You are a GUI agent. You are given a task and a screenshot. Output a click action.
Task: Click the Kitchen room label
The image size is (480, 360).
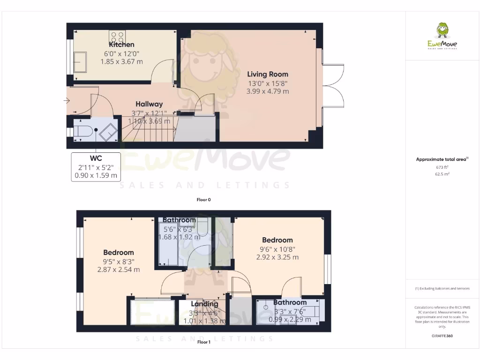[121, 45]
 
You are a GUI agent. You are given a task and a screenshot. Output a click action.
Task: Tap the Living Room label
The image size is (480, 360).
[268, 74]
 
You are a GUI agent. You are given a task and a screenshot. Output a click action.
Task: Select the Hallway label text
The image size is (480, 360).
[149, 104]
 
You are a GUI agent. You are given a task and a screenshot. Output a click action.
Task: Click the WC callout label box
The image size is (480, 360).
[96, 167]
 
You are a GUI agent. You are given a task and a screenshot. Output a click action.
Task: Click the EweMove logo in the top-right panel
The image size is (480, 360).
[442, 37]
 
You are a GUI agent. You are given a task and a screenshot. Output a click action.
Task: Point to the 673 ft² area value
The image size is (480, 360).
[442, 167]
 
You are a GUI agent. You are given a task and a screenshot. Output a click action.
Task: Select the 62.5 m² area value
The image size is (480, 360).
[442, 173]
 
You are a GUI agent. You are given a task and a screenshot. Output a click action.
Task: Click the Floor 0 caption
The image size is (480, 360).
[204, 200]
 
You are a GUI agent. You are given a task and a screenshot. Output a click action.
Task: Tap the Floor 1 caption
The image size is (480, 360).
[204, 342]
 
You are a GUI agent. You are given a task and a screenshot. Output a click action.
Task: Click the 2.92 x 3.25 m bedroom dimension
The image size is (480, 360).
[277, 257]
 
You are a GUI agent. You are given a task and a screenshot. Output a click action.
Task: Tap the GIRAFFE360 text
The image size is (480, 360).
[442, 336]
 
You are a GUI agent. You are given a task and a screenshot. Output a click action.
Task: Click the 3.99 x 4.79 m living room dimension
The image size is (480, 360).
[268, 91]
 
